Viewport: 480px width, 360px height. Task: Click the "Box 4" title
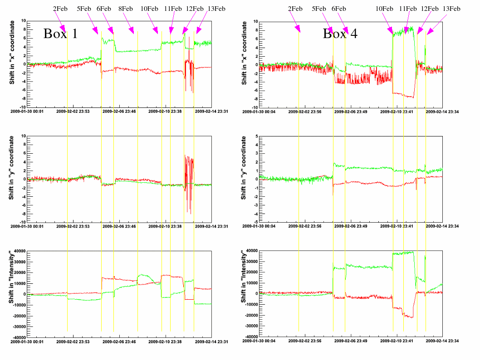click(x=340, y=33)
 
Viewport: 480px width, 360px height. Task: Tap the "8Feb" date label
click(x=125, y=8)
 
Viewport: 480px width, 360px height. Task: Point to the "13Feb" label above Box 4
click(x=451, y=8)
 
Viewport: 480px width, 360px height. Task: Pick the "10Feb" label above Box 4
click(x=384, y=8)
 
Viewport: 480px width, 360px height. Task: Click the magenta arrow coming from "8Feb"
click(x=130, y=23)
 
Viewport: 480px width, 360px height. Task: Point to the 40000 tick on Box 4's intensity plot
click(x=250, y=251)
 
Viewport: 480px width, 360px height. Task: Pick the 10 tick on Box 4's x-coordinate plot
click(x=255, y=22)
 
